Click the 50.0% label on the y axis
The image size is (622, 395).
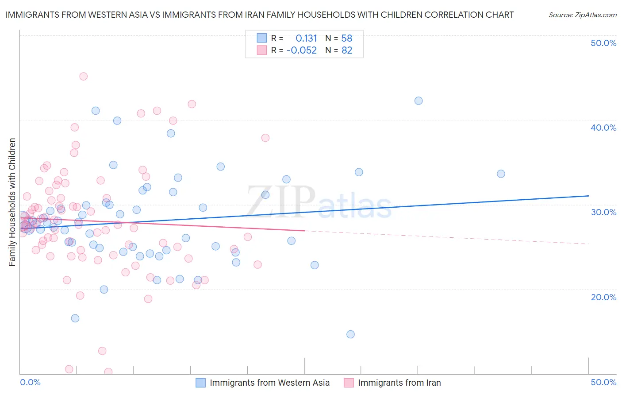[x=603, y=43]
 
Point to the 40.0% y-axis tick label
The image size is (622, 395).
[x=603, y=128]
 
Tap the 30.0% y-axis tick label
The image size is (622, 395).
[x=603, y=212]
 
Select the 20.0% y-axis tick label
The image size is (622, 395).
[x=603, y=297]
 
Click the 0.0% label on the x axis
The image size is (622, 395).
[x=31, y=382]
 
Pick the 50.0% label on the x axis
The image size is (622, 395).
[x=603, y=382]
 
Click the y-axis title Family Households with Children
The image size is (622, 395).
[x=12, y=202]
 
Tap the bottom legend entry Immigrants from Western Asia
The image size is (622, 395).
[x=269, y=383]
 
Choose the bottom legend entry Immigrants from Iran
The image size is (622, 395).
[x=399, y=383]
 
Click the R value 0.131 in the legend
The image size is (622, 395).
[x=306, y=38]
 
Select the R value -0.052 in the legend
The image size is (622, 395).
[x=302, y=50]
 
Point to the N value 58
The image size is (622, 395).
[x=346, y=38]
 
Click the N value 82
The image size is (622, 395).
[x=347, y=50]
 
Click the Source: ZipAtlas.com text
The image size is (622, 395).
[x=582, y=15]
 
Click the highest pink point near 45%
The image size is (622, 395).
[x=83, y=76]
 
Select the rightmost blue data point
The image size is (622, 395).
[x=501, y=174]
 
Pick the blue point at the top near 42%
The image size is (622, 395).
[x=419, y=101]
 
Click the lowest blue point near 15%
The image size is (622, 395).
[x=350, y=334]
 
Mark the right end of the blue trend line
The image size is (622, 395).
[x=588, y=196]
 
